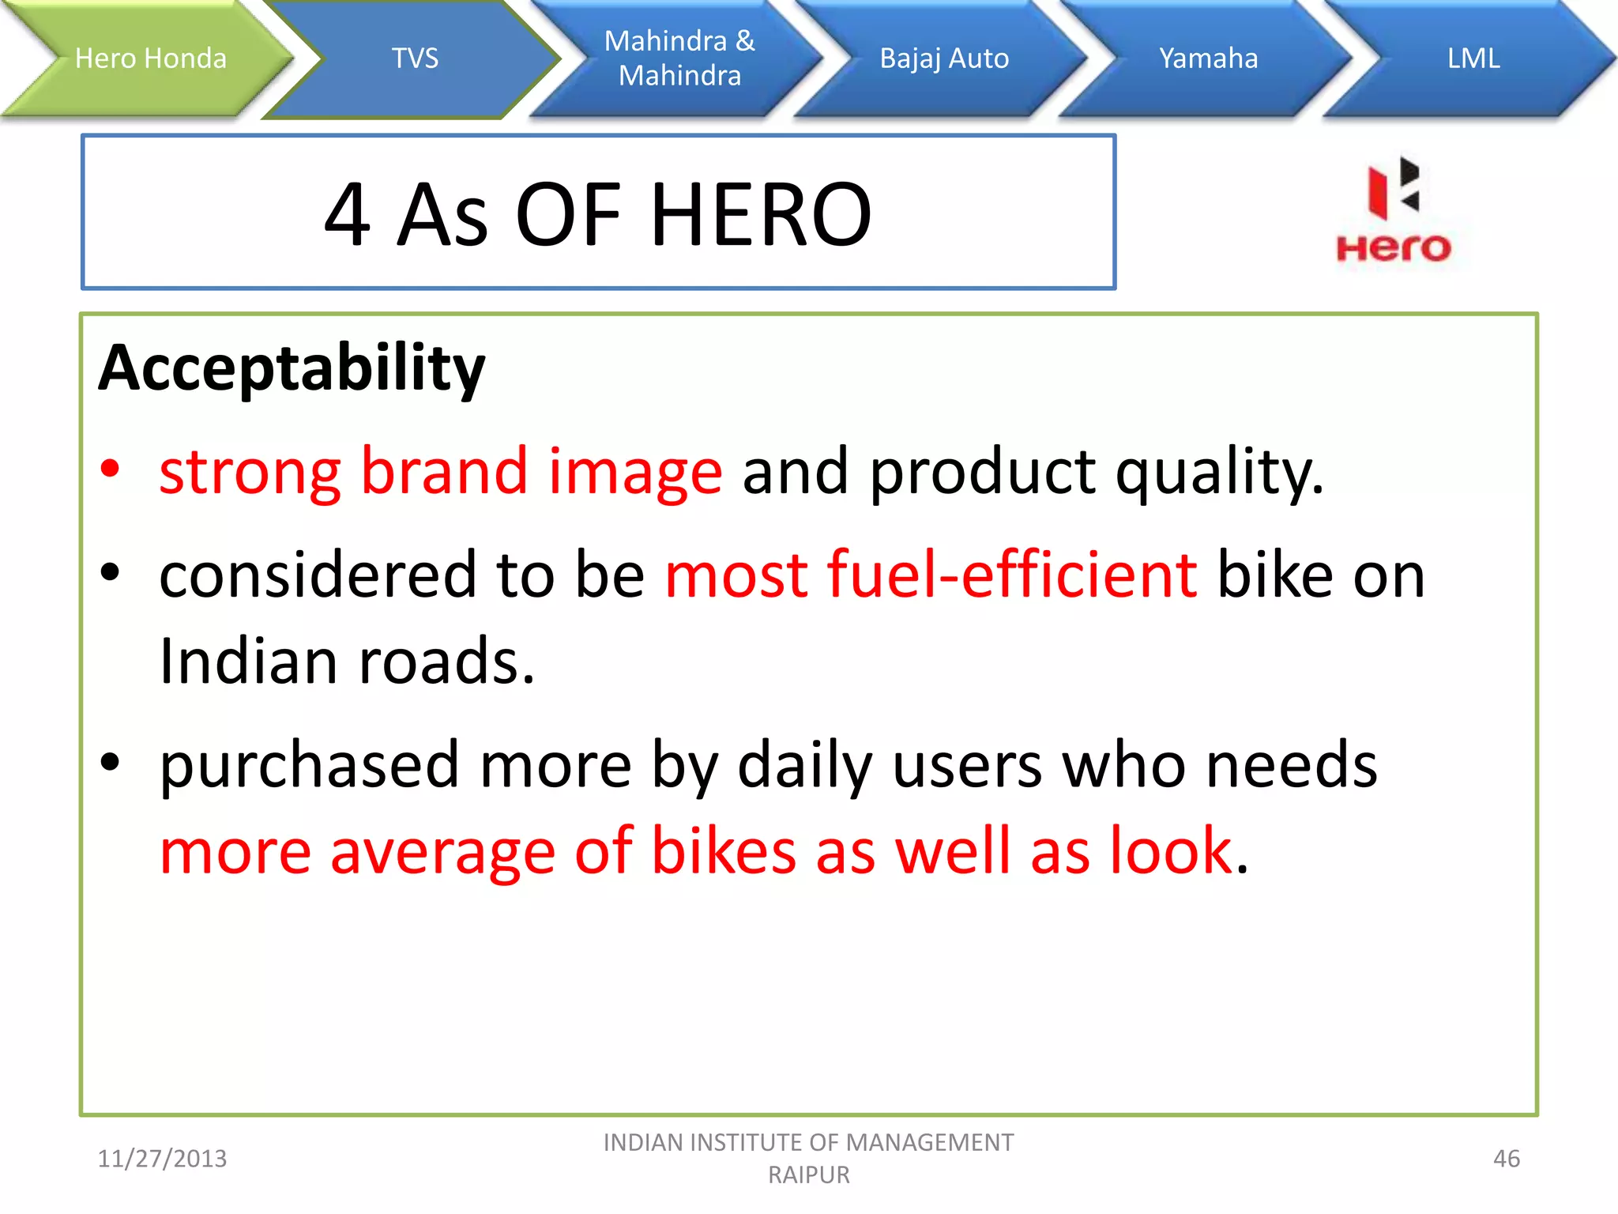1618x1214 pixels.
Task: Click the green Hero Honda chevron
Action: [150, 58]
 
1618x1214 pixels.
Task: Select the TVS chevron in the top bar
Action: [415, 58]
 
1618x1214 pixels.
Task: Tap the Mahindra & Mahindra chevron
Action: [679, 58]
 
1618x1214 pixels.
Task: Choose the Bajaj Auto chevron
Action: [944, 58]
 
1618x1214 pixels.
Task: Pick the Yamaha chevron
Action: [1208, 58]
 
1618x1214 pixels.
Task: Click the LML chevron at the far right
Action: [1473, 58]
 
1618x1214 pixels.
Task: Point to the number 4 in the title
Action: [348, 215]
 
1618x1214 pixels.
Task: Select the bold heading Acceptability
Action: [292, 368]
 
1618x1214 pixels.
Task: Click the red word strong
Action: [250, 473]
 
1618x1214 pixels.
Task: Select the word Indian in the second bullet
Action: [248, 661]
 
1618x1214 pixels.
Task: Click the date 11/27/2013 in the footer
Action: [162, 1159]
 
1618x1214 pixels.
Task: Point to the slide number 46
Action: [1506, 1159]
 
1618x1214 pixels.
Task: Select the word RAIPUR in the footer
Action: [808, 1175]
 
